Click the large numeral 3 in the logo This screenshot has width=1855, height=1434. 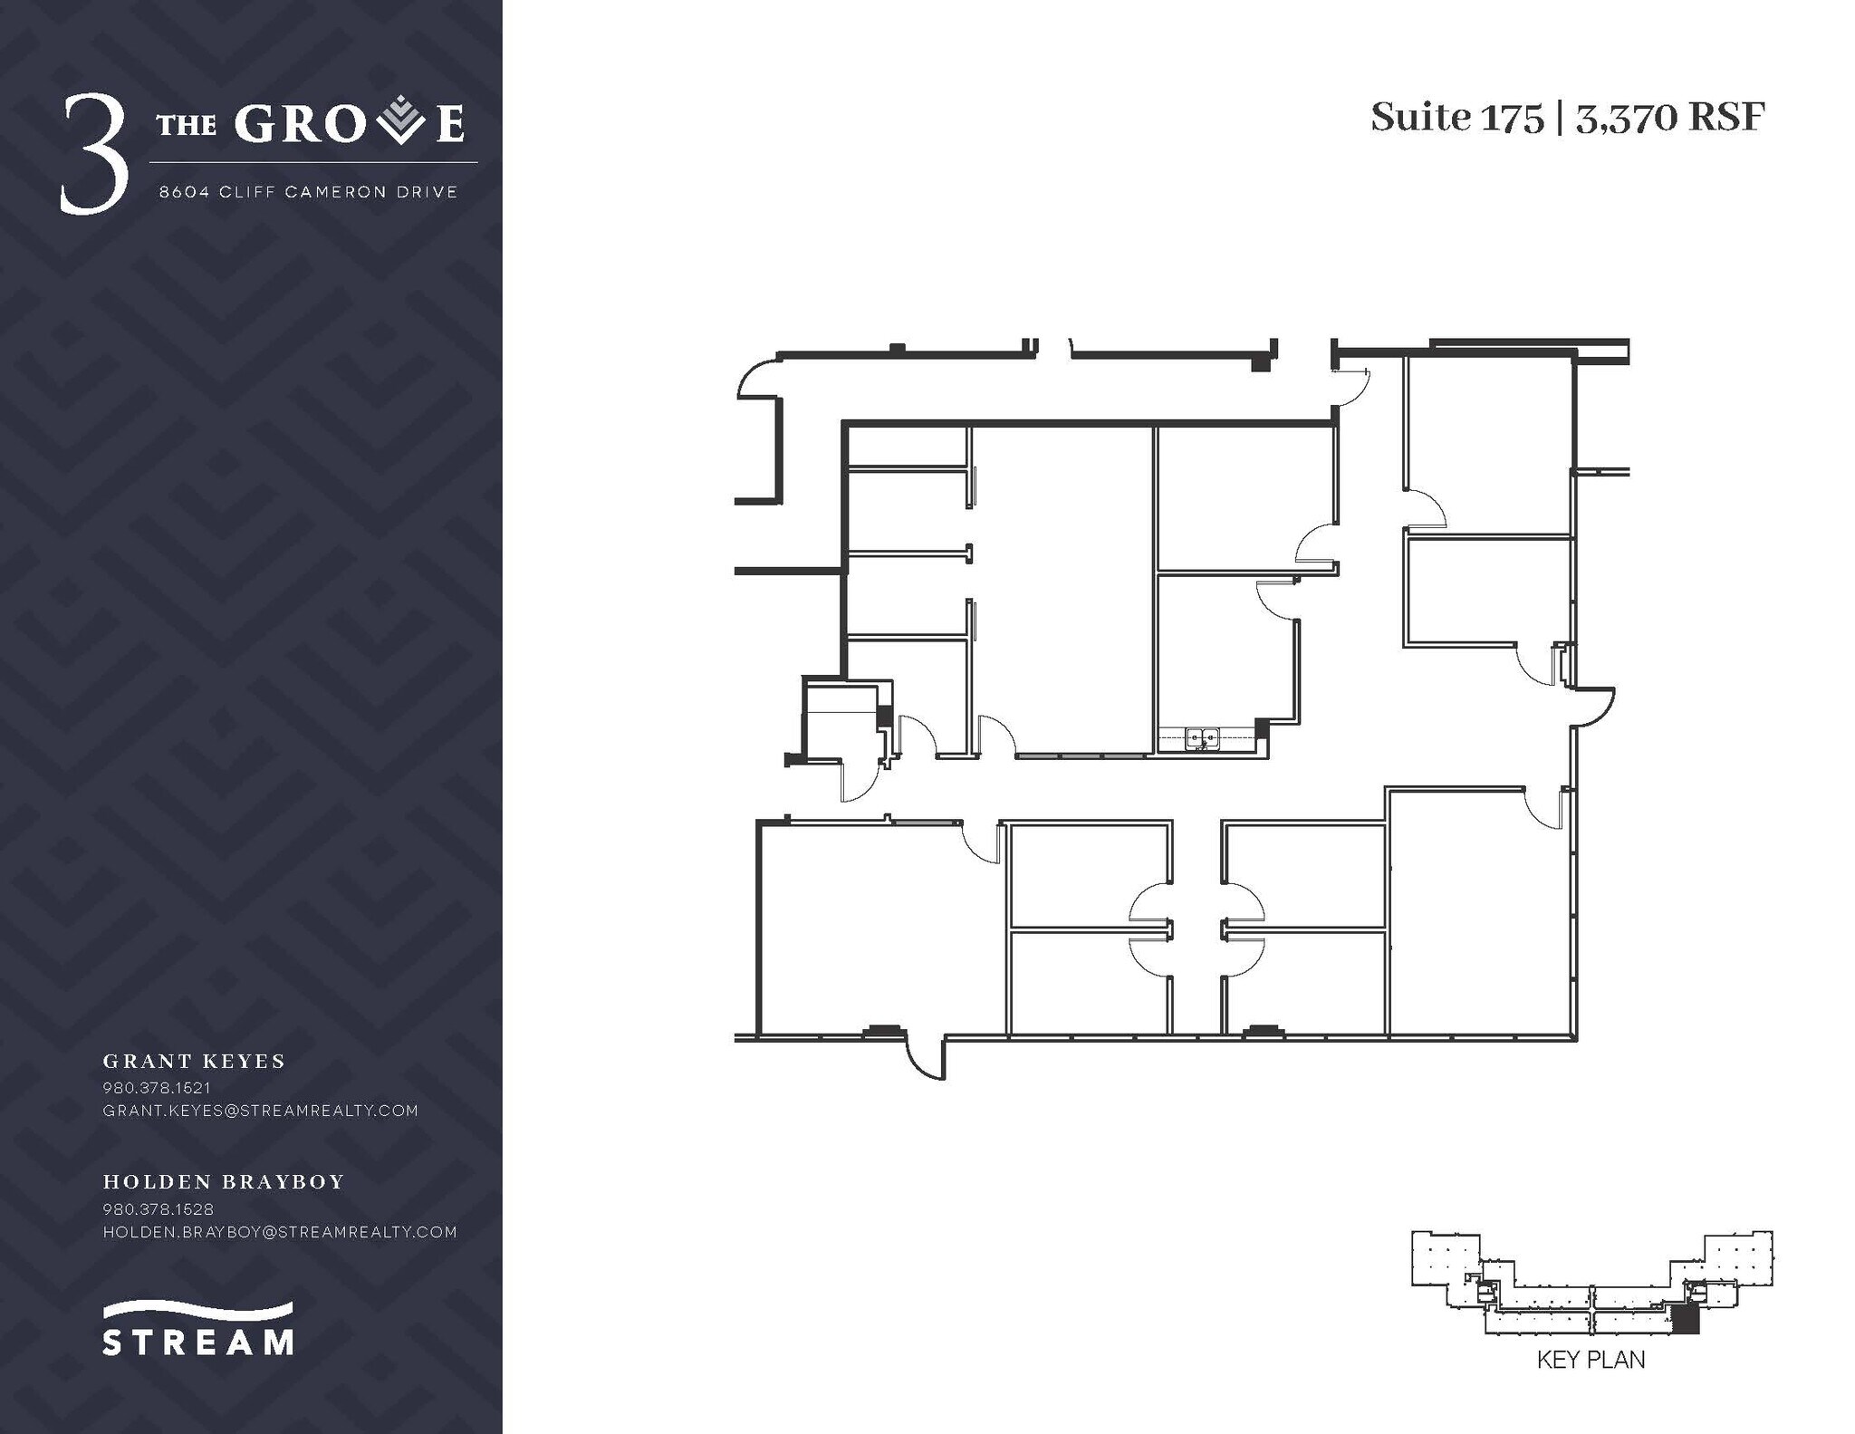point(93,157)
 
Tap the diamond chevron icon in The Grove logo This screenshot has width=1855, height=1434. point(400,123)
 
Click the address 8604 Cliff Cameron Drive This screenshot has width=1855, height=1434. point(308,192)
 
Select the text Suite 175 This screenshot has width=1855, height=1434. point(1456,119)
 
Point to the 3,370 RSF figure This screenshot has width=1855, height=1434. point(1670,119)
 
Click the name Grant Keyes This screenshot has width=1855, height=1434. point(194,1061)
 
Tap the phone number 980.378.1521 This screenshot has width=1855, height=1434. point(157,1087)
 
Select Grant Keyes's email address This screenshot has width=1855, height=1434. point(260,1110)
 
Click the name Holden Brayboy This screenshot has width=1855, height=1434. point(224,1181)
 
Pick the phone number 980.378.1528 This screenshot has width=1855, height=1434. point(159,1208)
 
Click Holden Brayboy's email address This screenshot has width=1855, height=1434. point(280,1232)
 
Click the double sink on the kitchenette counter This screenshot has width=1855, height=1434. point(1202,738)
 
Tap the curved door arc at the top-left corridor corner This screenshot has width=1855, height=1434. point(757,379)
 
